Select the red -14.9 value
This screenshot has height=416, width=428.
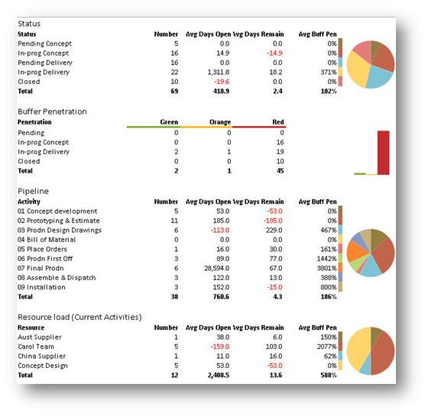pos(274,53)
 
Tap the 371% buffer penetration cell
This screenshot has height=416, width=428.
pos(329,73)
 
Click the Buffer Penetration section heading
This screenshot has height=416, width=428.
pos(52,111)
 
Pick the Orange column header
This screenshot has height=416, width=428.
pos(220,122)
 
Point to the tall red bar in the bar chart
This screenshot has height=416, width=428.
pos(383,153)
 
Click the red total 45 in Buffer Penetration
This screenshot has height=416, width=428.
pos(280,171)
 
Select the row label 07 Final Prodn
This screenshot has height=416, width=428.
pos(41,268)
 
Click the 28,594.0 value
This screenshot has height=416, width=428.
pos(217,268)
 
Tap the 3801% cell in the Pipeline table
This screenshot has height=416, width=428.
pos(327,268)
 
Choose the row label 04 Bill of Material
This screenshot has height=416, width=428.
pos(47,240)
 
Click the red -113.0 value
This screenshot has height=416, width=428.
pos(220,230)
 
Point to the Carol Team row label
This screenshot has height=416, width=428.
pos(36,347)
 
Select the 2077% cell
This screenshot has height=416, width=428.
pos(327,347)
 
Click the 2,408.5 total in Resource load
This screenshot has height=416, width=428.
pos(219,375)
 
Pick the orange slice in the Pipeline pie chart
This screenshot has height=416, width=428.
pos(356,252)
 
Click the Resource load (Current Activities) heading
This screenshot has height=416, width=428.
pos(79,317)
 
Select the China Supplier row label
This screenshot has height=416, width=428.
pos(42,356)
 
